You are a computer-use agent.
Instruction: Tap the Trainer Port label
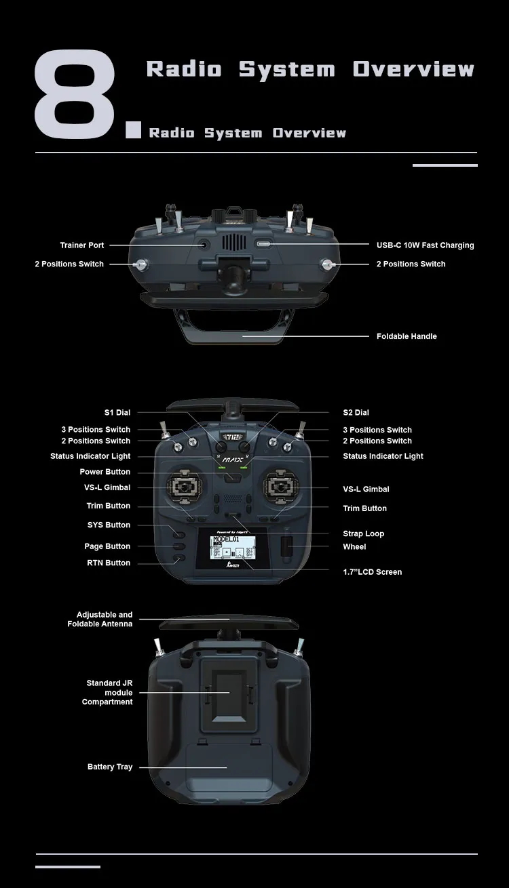pyautogui.click(x=82, y=245)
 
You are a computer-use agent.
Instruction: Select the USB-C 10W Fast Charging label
pyautogui.click(x=425, y=245)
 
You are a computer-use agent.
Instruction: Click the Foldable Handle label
pyautogui.click(x=407, y=336)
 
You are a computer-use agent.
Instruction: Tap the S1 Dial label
pyautogui.click(x=117, y=412)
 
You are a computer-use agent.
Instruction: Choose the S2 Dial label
pyautogui.click(x=356, y=412)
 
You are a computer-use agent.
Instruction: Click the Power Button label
pyautogui.click(x=105, y=472)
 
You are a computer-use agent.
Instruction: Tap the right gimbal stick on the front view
pyautogui.click(x=279, y=485)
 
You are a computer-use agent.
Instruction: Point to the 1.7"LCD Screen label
pyautogui.click(x=372, y=572)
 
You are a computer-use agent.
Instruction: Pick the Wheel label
pyautogui.click(x=354, y=547)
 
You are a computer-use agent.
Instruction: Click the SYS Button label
pyautogui.click(x=109, y=525)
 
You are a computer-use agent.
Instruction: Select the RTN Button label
pyautogui.click(x=109, y=563)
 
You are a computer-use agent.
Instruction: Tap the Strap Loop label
pyautogui.click(x=363, y=533)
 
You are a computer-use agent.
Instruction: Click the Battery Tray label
pyautogui.click(x=110, y=767)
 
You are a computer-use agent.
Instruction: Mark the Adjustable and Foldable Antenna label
pyautogui.click(x=100, y=619)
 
